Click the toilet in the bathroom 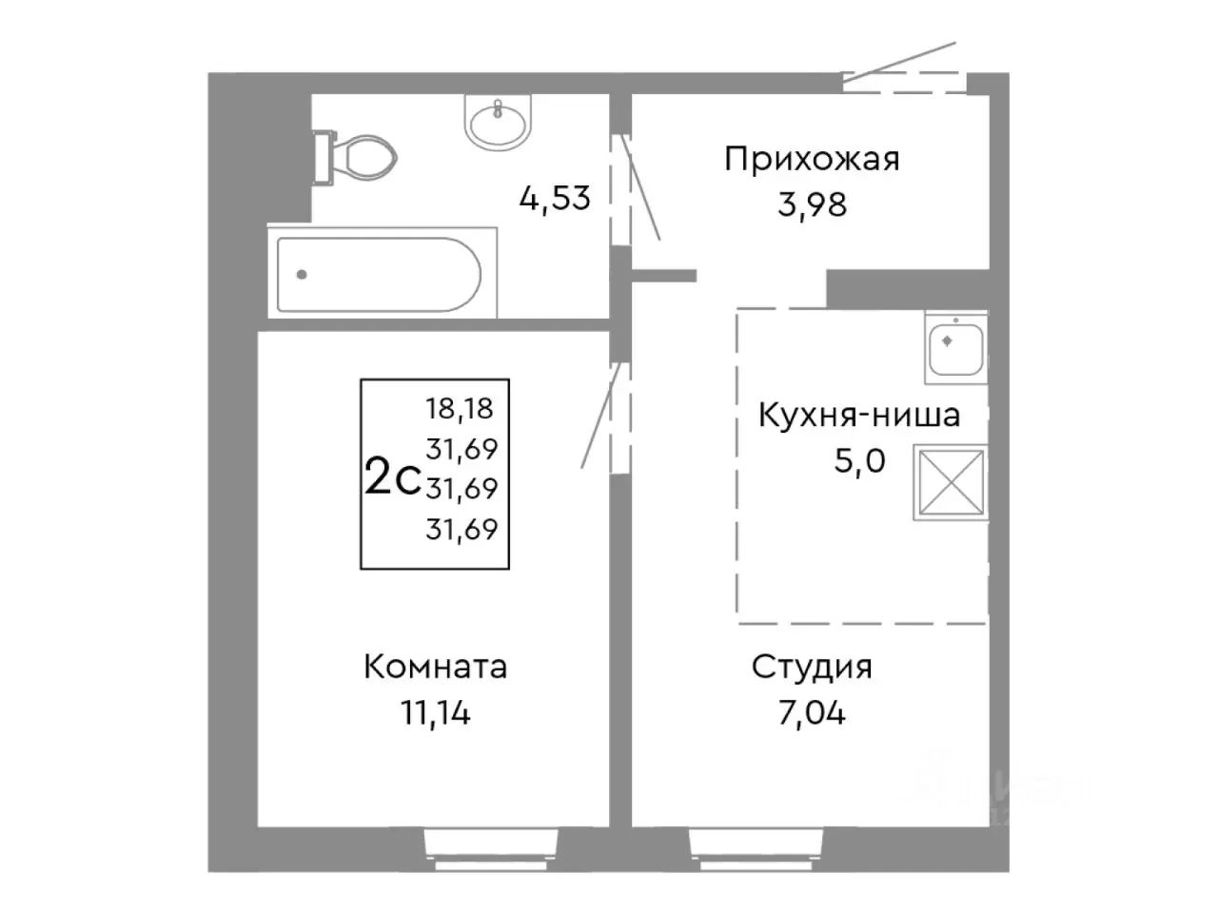(x=357, y=157)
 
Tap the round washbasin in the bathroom (x=496, y=122)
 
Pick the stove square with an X (x=949, y=482)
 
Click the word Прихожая (x=812, y=158)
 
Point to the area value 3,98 (x=812, y=204)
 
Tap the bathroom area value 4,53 (x=555, y=199)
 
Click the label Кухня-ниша (x=858, y=416)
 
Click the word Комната (x=435, y=667)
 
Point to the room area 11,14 (x=435, y=712)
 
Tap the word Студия (x=812, y=667)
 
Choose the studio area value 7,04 (x=812, y=712)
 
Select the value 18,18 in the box (x=462, y=408)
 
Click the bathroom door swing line (x=641, y=186)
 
